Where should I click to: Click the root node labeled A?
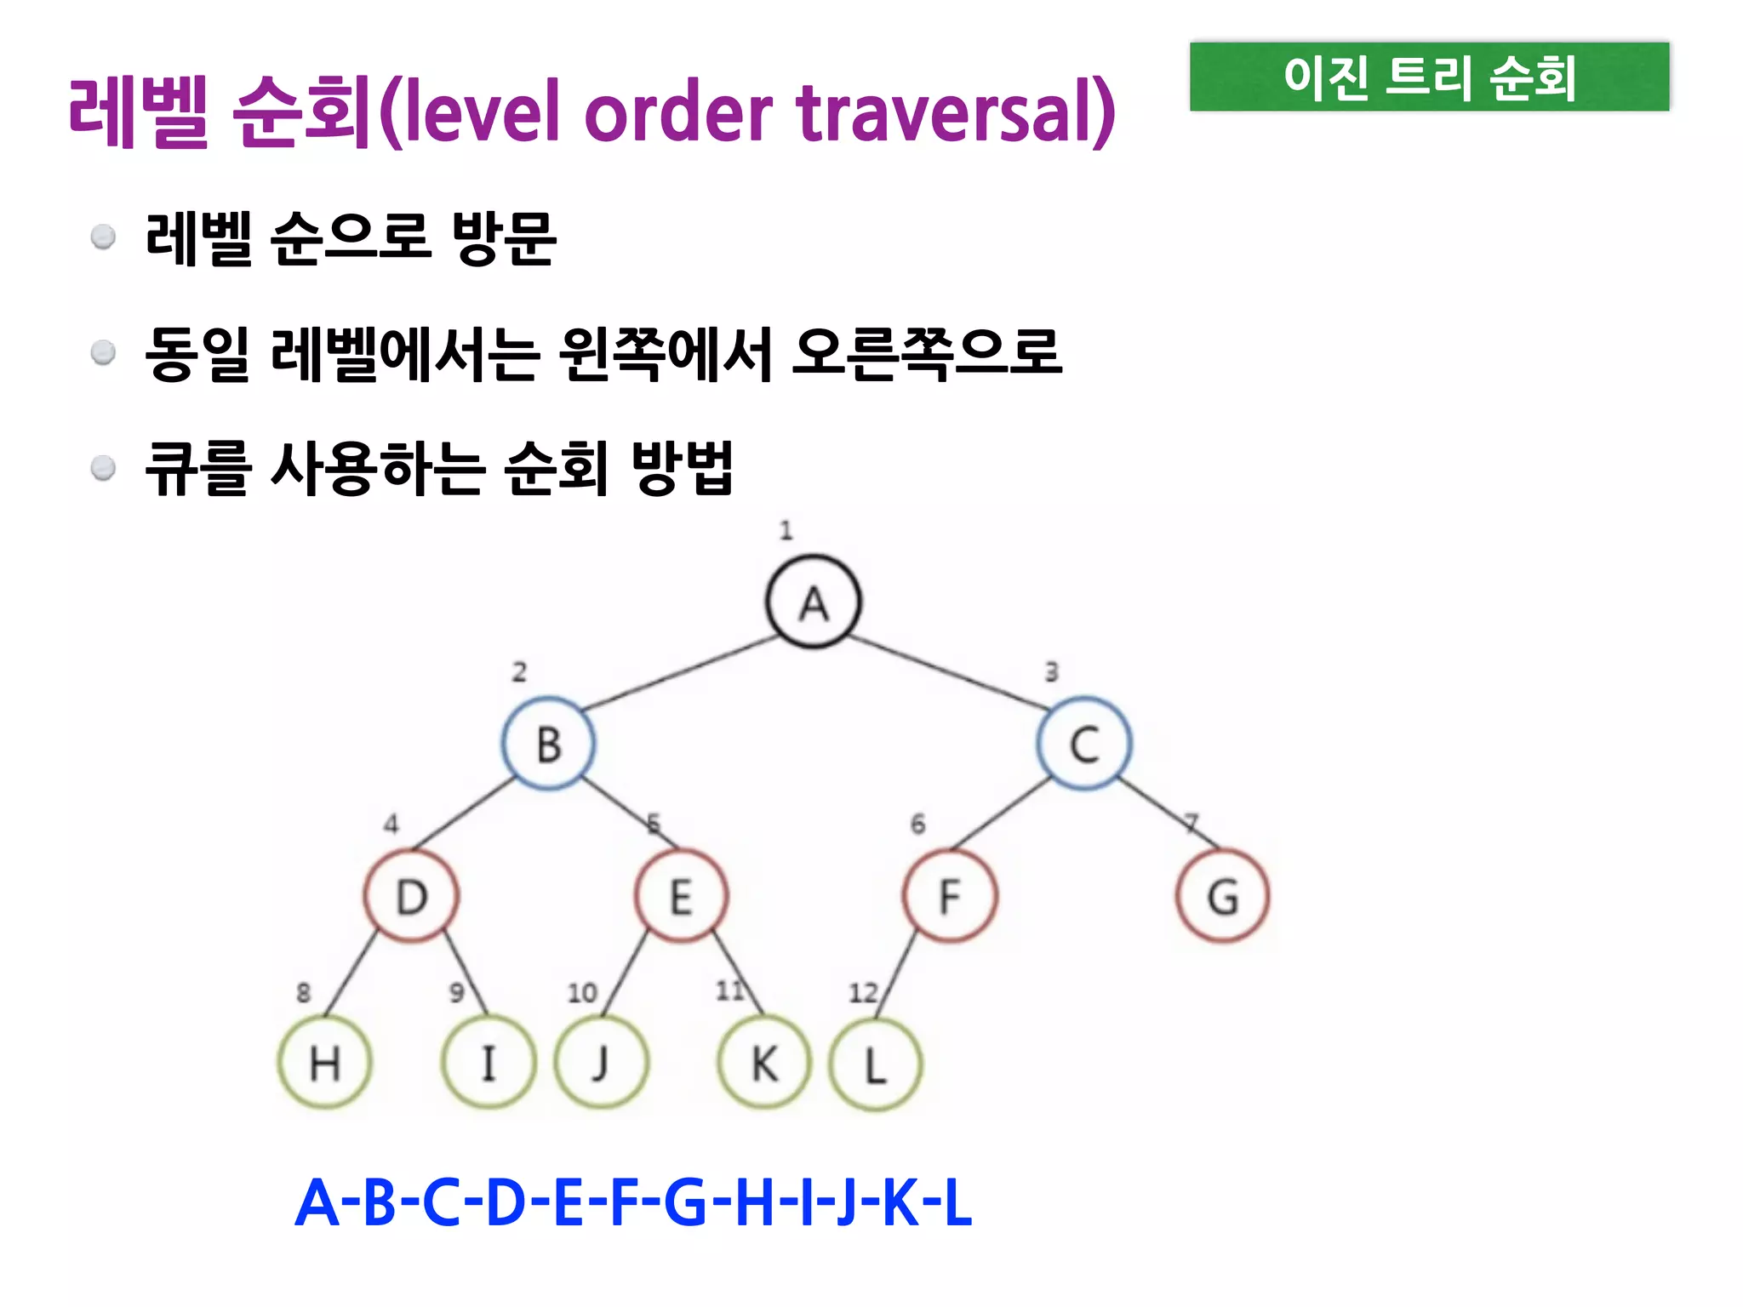pos(813,602)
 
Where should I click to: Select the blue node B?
pos(549,744)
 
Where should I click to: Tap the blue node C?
pos(1083,744)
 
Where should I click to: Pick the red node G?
pos(1222,896)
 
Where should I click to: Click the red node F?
pos(950,896)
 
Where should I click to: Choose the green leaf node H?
pos(325,1062)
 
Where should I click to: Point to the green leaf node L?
pos(875,1064)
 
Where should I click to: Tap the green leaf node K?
pos(764,1062)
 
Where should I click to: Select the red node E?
pos(681,896)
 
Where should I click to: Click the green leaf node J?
pos(601,1062)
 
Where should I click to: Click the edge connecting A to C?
pos(949,672)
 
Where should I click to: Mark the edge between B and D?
pos(464,813)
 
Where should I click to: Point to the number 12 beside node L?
pos(862,992)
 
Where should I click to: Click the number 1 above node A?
pos(786,531)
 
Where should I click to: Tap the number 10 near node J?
pos(582,992)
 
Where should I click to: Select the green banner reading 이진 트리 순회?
pos(1429,77)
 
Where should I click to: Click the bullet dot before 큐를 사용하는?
pos(103,468)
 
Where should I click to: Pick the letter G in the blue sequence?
pos(685,1203)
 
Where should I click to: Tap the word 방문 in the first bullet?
pos(504,238)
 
